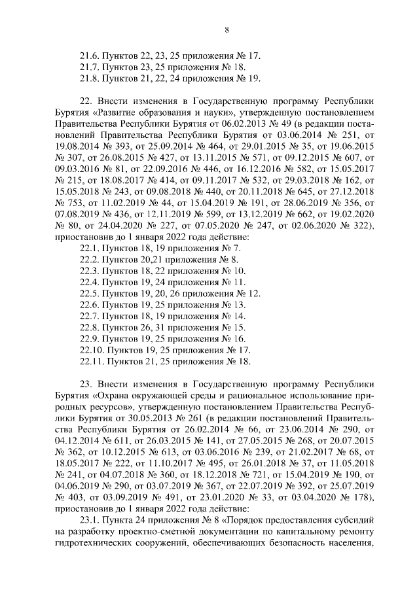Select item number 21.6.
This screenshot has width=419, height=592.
pos(88,56)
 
